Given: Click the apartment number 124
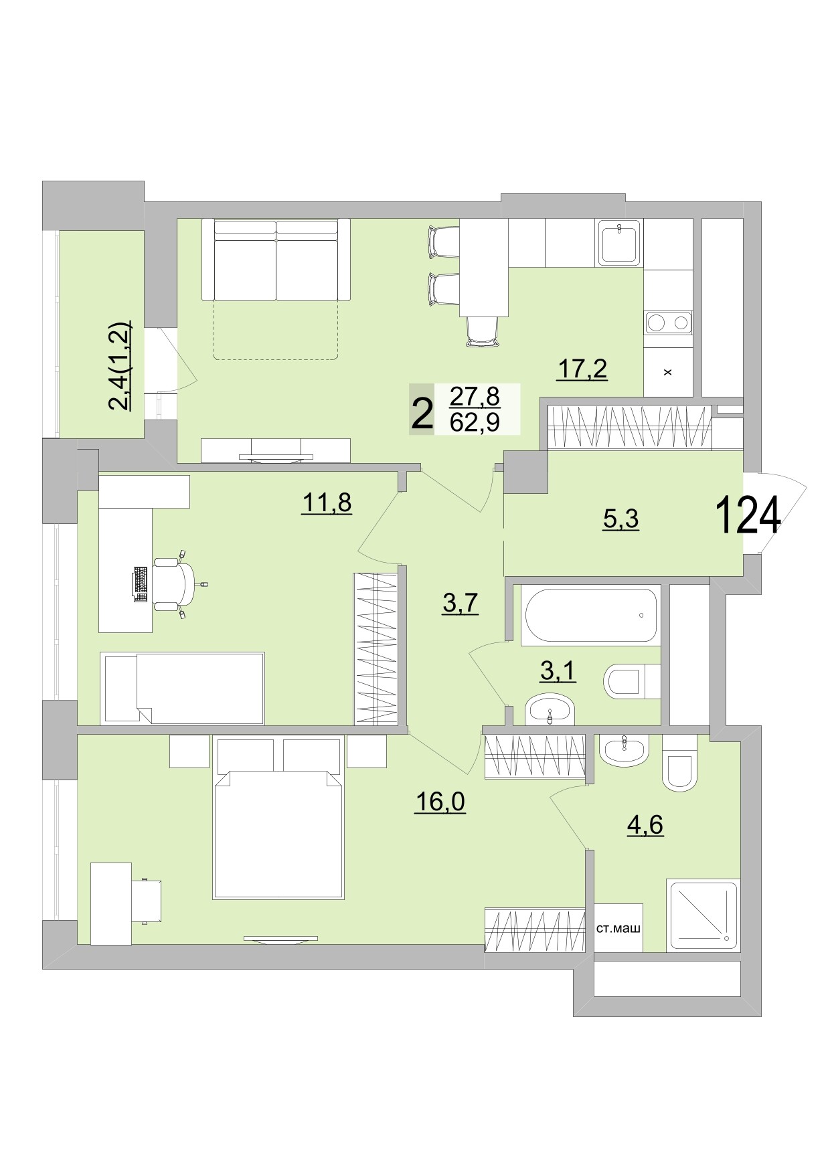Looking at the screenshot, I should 748,516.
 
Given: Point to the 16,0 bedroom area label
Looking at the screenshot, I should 439,800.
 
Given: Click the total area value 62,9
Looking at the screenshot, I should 475,424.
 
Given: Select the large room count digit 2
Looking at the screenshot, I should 421,415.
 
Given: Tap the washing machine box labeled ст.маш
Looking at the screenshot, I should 618,928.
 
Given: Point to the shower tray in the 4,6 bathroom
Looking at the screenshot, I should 702,915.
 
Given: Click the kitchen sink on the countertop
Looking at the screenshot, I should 620,243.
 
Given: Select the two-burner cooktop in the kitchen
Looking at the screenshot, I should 667,323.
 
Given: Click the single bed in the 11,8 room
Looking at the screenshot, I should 183,688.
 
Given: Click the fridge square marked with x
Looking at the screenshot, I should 667,373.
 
